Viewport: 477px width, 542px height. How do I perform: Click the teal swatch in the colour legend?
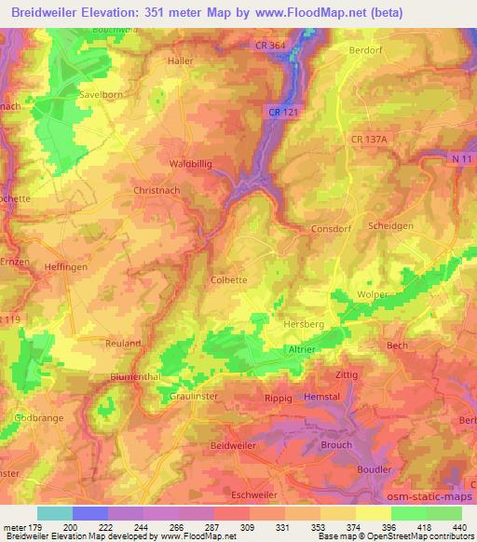tap(55, 513)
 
